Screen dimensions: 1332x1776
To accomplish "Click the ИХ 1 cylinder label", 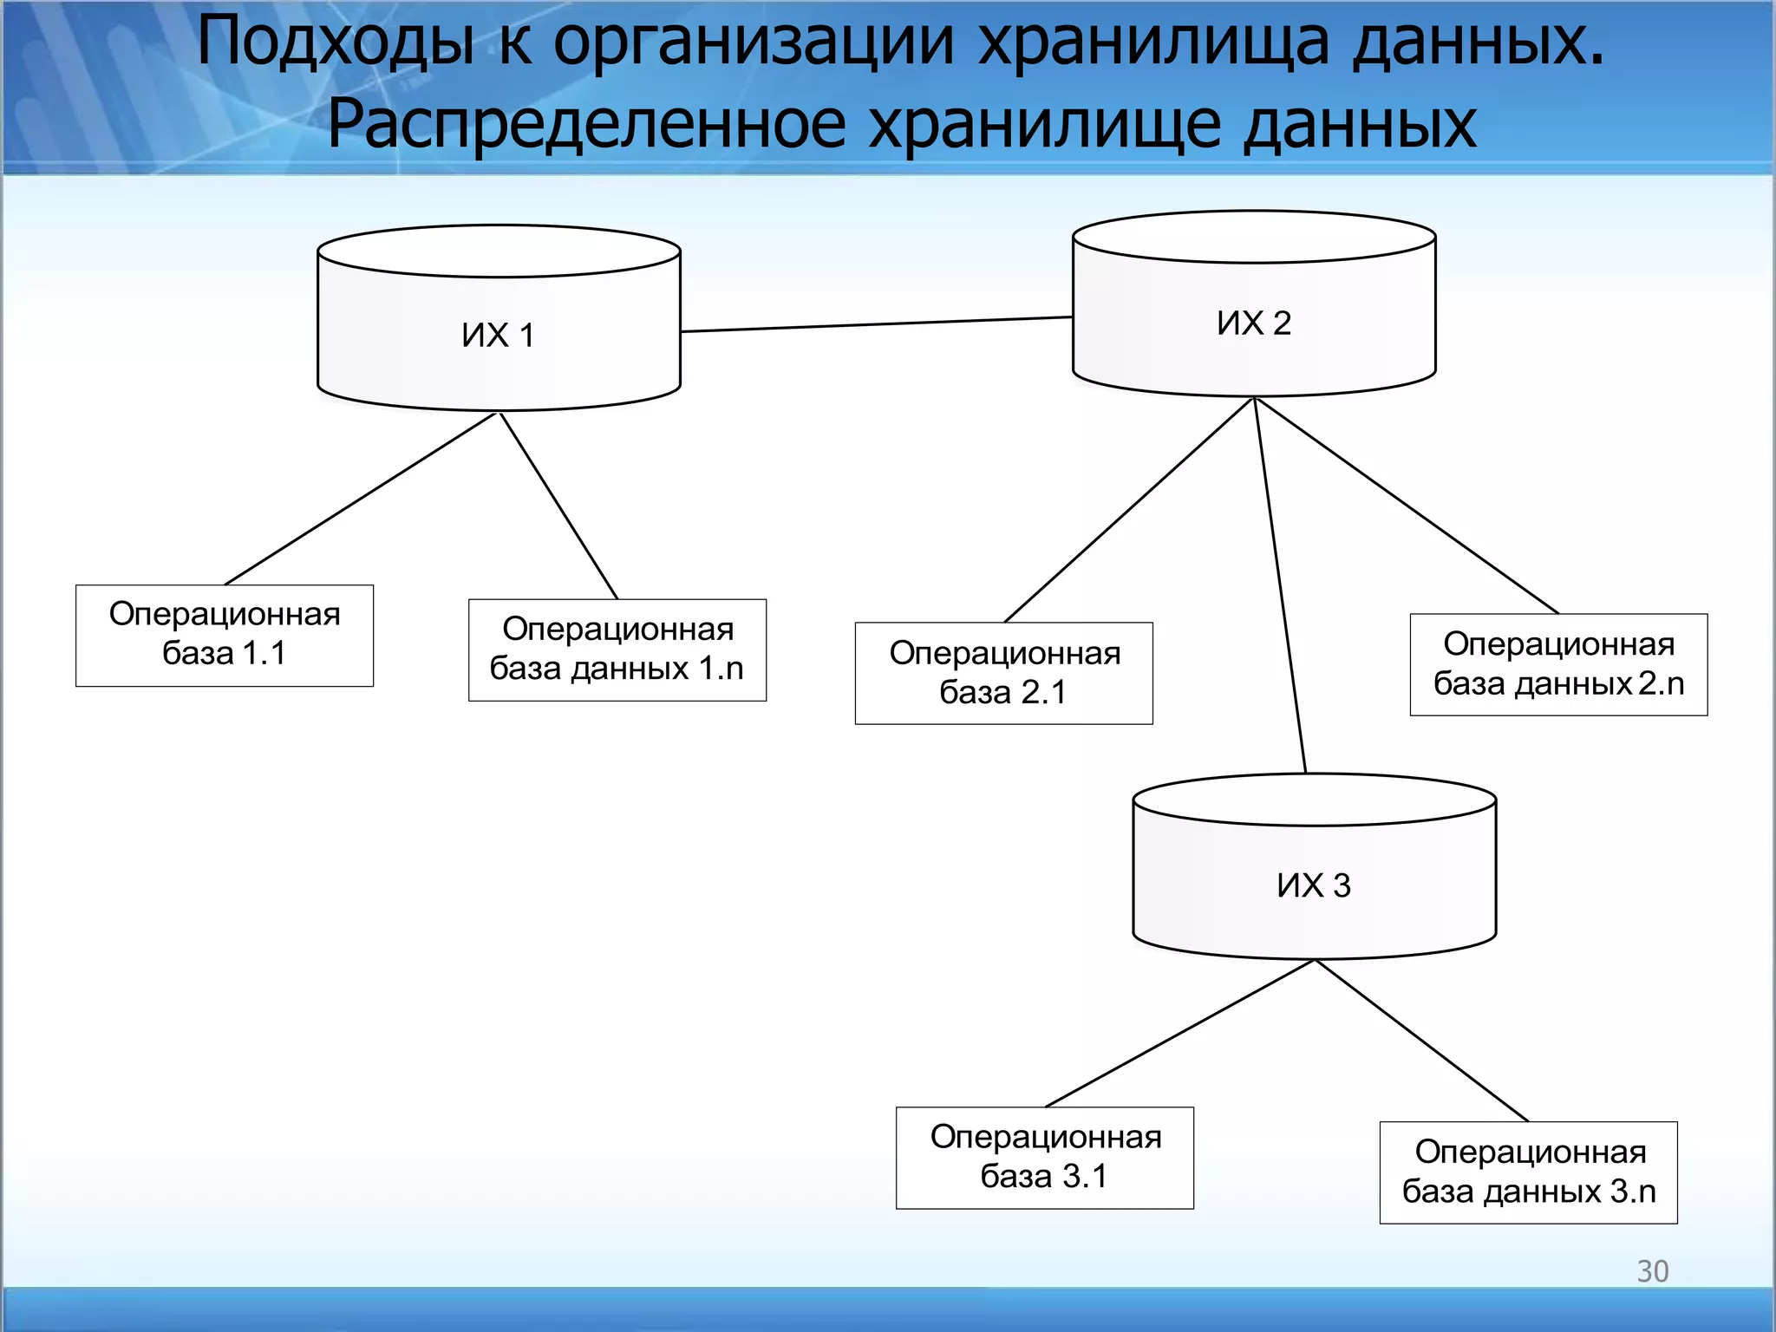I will point(498,336).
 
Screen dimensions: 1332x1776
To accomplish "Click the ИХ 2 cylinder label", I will point(1254,323).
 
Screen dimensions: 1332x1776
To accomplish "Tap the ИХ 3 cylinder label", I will point(1314,885).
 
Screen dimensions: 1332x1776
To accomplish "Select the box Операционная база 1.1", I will point(225,635).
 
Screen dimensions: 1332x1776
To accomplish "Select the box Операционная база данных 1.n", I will point(617,650).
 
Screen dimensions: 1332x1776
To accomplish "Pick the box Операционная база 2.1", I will point(1003,673).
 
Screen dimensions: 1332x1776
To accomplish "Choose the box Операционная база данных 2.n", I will point(1558,664).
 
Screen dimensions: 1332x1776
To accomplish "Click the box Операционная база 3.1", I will point(1044,1157).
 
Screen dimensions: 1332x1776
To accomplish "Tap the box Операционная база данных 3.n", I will point(1528,1172).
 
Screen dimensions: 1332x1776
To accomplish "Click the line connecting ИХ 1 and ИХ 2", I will point(876,324).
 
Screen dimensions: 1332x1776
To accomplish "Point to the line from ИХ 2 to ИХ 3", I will point(1280,586).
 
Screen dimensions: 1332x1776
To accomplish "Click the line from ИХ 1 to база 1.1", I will point(361,499).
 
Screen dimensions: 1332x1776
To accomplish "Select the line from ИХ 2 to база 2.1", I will point(1129,510).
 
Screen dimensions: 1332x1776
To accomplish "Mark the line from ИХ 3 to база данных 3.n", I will point(1422,1041).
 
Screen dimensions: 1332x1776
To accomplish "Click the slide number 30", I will point(1652,1270).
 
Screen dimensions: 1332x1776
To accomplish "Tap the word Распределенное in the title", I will point(585,124).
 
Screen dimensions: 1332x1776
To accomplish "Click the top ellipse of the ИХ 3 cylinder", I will point(1314,800).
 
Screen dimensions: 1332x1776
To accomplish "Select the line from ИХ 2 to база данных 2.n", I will point(1407,506).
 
